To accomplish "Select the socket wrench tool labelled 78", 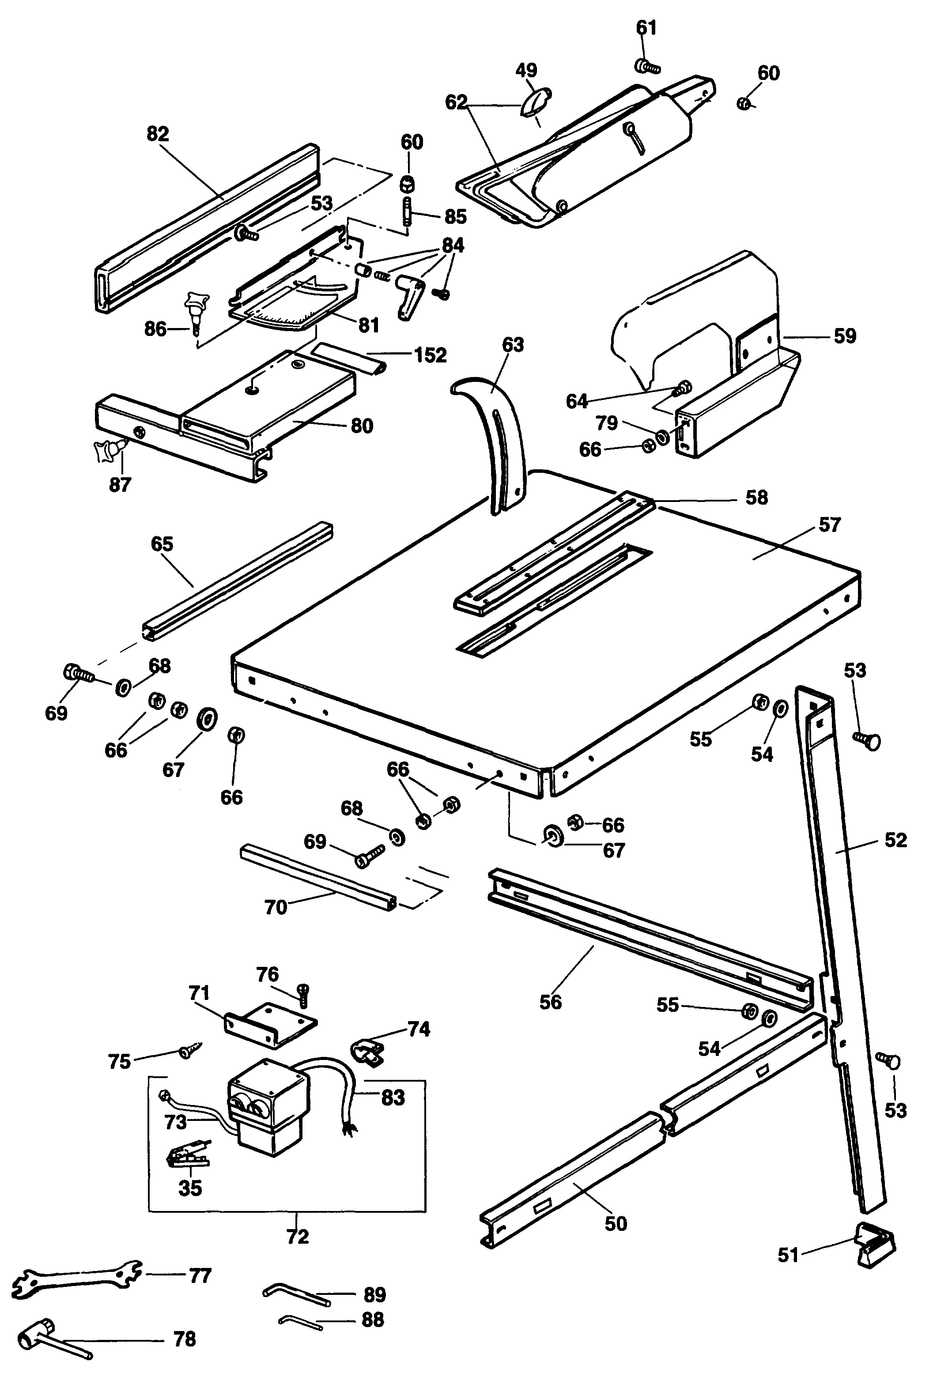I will click(47, 1332).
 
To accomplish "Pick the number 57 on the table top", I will click(829, 524).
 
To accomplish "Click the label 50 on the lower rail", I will click(615, 1223).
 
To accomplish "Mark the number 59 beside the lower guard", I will click(844, 336).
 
